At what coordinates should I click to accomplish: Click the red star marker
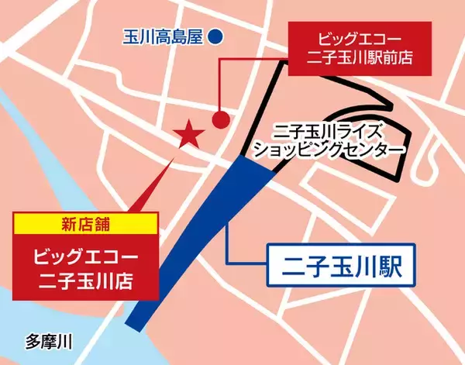(189, 136)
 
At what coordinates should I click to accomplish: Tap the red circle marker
(221, 120)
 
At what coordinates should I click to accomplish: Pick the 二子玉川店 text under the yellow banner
(85, 275)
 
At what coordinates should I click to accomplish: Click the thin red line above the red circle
(222, 85)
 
